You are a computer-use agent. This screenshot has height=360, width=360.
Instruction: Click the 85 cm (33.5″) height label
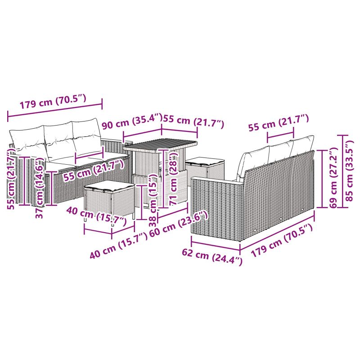tap(351, 171)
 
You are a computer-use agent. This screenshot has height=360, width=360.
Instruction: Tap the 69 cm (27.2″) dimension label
tap(333, 178)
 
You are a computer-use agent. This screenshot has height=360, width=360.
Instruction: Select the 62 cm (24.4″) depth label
tap(212, 257)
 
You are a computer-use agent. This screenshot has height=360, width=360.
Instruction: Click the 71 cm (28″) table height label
tap(173, 177)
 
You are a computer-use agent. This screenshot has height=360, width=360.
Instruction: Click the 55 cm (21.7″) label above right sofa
tap(279, 123)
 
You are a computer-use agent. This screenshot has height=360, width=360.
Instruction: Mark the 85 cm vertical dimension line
tap(343, 171)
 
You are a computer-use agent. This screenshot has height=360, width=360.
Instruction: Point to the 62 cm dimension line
tap(216, 243)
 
